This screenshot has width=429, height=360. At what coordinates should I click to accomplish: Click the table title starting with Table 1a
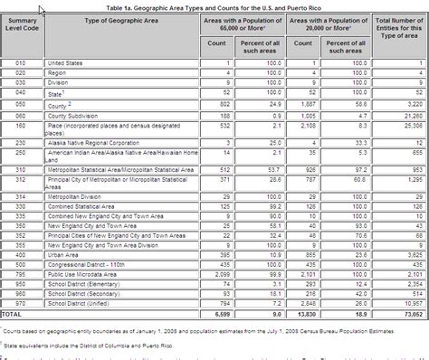pos(214,5)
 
